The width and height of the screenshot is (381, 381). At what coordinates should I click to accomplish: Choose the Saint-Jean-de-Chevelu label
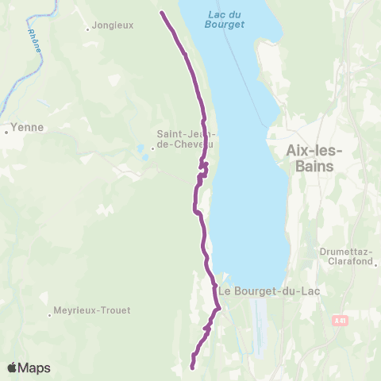184,138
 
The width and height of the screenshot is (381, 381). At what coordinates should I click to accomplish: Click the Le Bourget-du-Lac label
263,291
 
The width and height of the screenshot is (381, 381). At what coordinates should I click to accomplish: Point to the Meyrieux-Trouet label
91,310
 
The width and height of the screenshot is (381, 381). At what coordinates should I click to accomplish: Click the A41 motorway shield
339,319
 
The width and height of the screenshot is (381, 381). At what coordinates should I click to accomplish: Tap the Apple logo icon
12,368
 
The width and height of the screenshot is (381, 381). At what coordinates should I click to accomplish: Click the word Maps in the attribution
34,368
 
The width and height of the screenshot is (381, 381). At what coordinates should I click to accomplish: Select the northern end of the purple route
162,13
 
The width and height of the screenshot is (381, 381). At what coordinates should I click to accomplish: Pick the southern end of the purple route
192,367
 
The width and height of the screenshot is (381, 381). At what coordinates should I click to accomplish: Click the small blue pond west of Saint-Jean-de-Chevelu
140,148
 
